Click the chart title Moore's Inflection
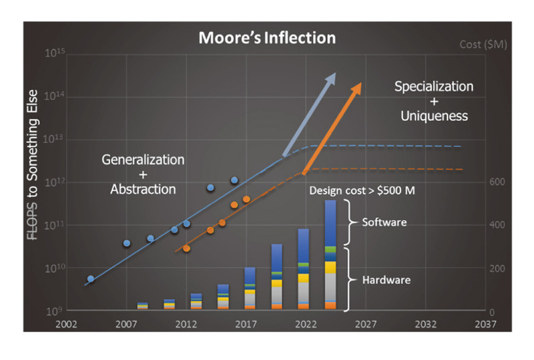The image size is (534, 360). click(x=267, y=38)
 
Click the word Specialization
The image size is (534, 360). click(x=434, y=87)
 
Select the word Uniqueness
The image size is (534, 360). click(x=434, y=116)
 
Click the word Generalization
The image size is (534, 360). click(x=143, y=160)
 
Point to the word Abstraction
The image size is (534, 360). click(x=143, y=189)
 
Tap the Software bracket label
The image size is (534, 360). click(x=384, y=222)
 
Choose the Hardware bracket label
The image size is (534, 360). click(x=385, y=280)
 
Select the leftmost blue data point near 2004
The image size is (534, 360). click(x=91, y=279)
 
